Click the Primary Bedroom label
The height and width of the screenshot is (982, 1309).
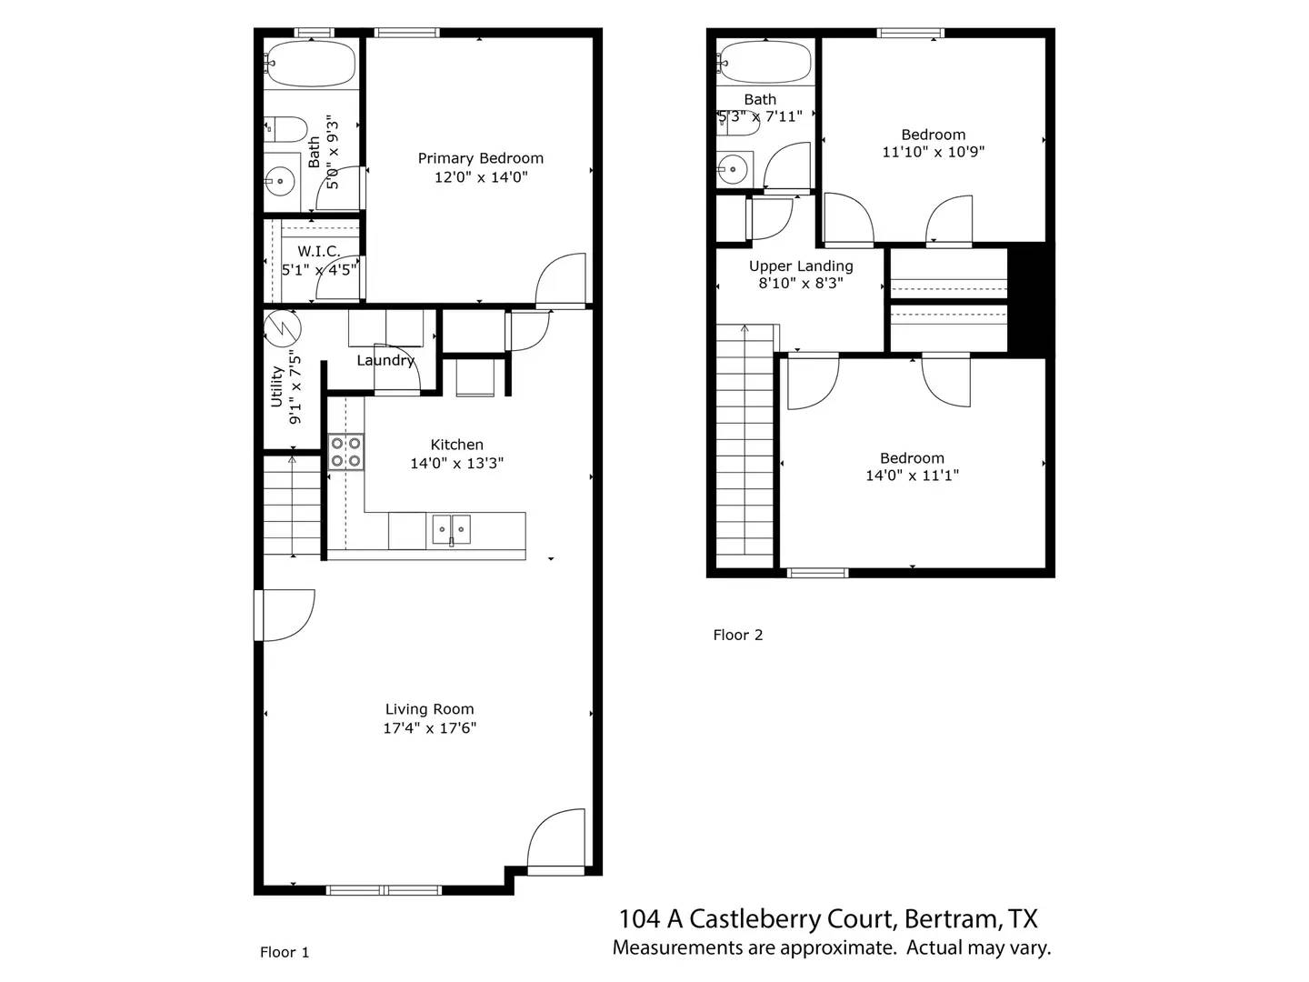click(x=480, y=158)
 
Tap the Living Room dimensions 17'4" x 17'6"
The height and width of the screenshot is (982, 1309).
click(x=429, y=727)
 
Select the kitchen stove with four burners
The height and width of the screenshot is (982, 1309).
click(x=346, y=452)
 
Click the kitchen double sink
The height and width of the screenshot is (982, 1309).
click(x=451, y=528)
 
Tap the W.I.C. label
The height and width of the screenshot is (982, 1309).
click(x=318, y=251)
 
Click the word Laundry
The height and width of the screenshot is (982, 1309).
click(x=385, y=360)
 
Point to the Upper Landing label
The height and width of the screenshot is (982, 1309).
click(x=801, y=266)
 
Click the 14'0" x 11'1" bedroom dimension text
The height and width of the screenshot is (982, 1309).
click(x=912, y=475)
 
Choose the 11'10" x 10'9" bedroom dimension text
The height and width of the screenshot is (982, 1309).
click(x=933, y=152)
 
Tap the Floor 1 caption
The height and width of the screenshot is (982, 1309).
click(x=285, y=952)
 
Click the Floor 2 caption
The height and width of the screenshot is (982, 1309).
click(x=737, y=635)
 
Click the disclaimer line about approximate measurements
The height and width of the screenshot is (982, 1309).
click(x=831, y=947)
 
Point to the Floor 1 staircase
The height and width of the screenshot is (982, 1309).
click(x=292, y=506)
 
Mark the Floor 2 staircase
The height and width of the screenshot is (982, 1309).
click(x=744, y=446)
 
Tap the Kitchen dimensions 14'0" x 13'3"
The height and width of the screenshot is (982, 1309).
click(x=456, y=463)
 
